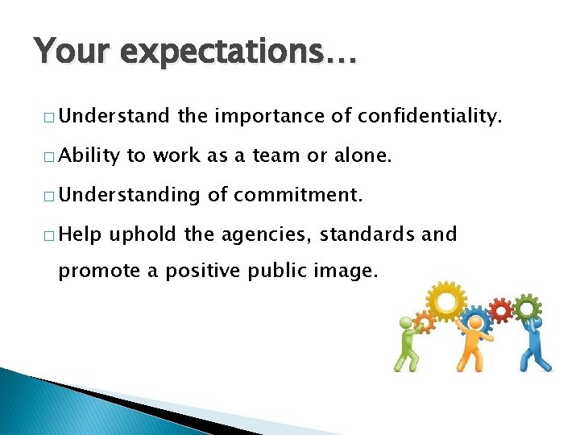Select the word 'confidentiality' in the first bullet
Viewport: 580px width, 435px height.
(x=429, y=118)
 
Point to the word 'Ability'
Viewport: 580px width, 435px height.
(x=89, y=157)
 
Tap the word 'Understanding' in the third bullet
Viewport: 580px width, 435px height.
(x=128, y=196)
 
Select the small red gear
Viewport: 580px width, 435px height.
(x=501, y=309)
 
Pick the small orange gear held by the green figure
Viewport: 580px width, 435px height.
(x=425, y=321)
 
